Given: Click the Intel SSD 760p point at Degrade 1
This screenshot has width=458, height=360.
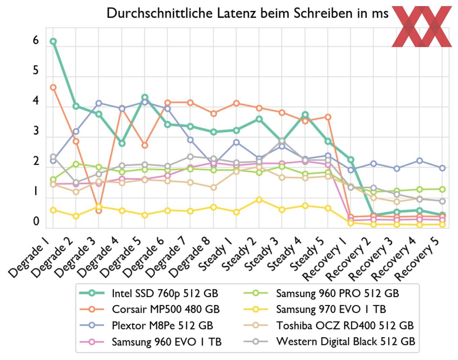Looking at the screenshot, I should click(x=53, y=41).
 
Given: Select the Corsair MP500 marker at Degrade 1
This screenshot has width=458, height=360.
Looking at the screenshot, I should click(x=53, y=88).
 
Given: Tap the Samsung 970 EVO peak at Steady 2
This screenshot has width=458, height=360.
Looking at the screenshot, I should click(x=259, y=200).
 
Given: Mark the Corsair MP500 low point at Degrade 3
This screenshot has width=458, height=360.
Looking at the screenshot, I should click(x=99, y=210).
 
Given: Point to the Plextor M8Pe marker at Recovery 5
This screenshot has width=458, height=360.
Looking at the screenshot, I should click(x=442, y=168).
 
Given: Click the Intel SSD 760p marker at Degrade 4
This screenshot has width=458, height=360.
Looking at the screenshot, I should click(x=122, y=143).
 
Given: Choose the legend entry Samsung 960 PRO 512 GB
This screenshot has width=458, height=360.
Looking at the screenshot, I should click(x=337, y=293).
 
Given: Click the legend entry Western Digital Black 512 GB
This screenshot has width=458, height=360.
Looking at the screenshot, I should click(x=345, y=341).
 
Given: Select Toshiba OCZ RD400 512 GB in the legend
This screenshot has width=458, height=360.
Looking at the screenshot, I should click(x=345, y=325).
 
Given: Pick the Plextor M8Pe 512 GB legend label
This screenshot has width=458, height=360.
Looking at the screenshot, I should click(x=162, y=325).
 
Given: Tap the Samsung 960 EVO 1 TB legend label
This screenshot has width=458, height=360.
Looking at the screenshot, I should click(x=167, y=341).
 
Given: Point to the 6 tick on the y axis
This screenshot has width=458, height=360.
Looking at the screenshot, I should click(x=36, y=41).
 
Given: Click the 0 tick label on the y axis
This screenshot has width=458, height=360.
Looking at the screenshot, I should click(x=36, y=222).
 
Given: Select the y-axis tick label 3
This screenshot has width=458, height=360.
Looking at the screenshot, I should click(x=36, y=131).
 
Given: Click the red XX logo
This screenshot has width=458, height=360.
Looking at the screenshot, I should click(x=422, y=26).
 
